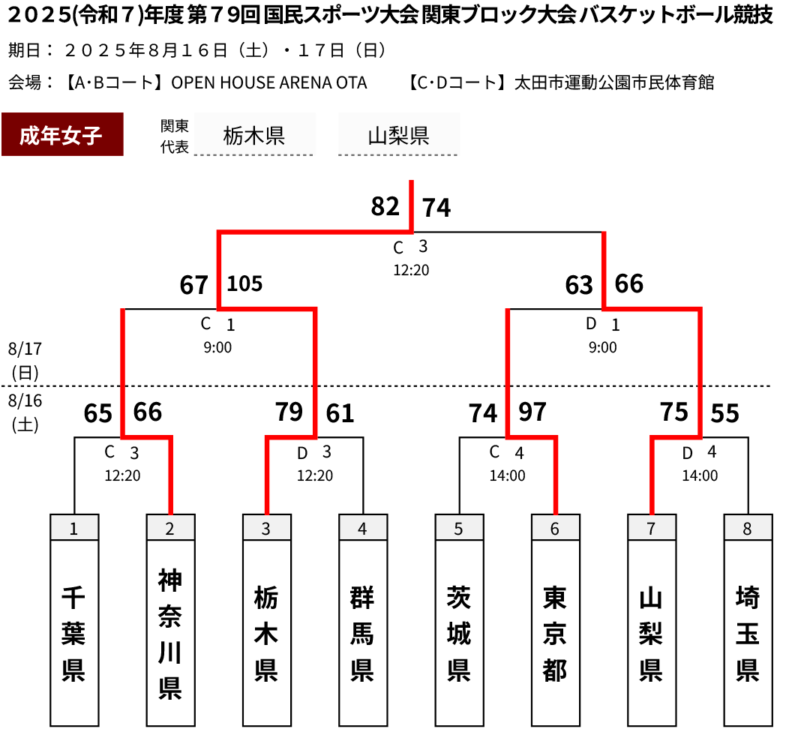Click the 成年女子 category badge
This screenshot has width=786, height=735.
pyautogui.click(x=62, y=134)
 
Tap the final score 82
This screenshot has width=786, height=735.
pyautogui.click(x=385, y=206)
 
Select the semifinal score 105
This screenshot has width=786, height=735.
pyautogui.click(x=244, y=283)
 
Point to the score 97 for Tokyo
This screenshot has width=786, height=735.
pyautogui.click(x=532, y=412)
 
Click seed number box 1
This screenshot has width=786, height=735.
pyautogui.click(x=74, y=527)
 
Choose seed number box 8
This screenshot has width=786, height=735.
pyautogui.click(x=748, y=527)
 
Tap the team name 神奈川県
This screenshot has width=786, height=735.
pyautogui.click(x=170, y=634)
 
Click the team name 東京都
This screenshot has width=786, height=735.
pyautogui.click(x=556, y=634)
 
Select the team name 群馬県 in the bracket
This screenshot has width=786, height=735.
pyautogui.click(x=363, y=634)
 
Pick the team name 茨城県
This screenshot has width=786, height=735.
pyautogui.click(x=459, y=634)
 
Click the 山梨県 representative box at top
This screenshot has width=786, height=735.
pyautogui.click(x=399, y=134)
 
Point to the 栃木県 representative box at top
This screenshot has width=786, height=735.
pyautogui.click(x=254, y=134)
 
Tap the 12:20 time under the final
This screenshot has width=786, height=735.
pyautogui.click(x=411, y=270)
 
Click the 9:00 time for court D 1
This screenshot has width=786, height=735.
pyautogui.click(x=602, y=347)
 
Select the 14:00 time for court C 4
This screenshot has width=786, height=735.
pyautogui.click(x=507, y=475)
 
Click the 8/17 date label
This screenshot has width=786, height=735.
pyautogui.click(x=25, y=349)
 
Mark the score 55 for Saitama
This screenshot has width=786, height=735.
pyautogui.click(x=724, y=413)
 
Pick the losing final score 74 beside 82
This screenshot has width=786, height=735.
pyautogui.click(x=436, y=208)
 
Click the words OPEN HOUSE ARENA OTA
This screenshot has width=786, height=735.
pyautogui.click(x=269, y=82)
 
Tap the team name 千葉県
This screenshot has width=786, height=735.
pyautogui.click(x=74, y=634)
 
